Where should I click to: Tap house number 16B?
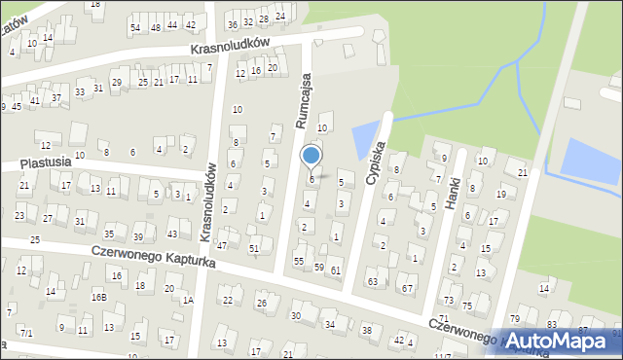tap(98, 297)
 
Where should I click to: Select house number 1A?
tap(188, 301)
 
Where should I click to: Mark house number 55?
tap(299, 262)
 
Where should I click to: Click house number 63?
tap(372, 281)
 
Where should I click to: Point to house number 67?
tap(408, 288)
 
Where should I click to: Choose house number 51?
tap(254, 249)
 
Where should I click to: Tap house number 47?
tap(222, 245)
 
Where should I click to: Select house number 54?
tap(135, 27)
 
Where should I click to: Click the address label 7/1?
tap(27, 334)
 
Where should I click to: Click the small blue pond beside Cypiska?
tap(366, 142)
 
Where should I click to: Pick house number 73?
tap(448, 300)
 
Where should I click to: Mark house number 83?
tap(552, 325)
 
